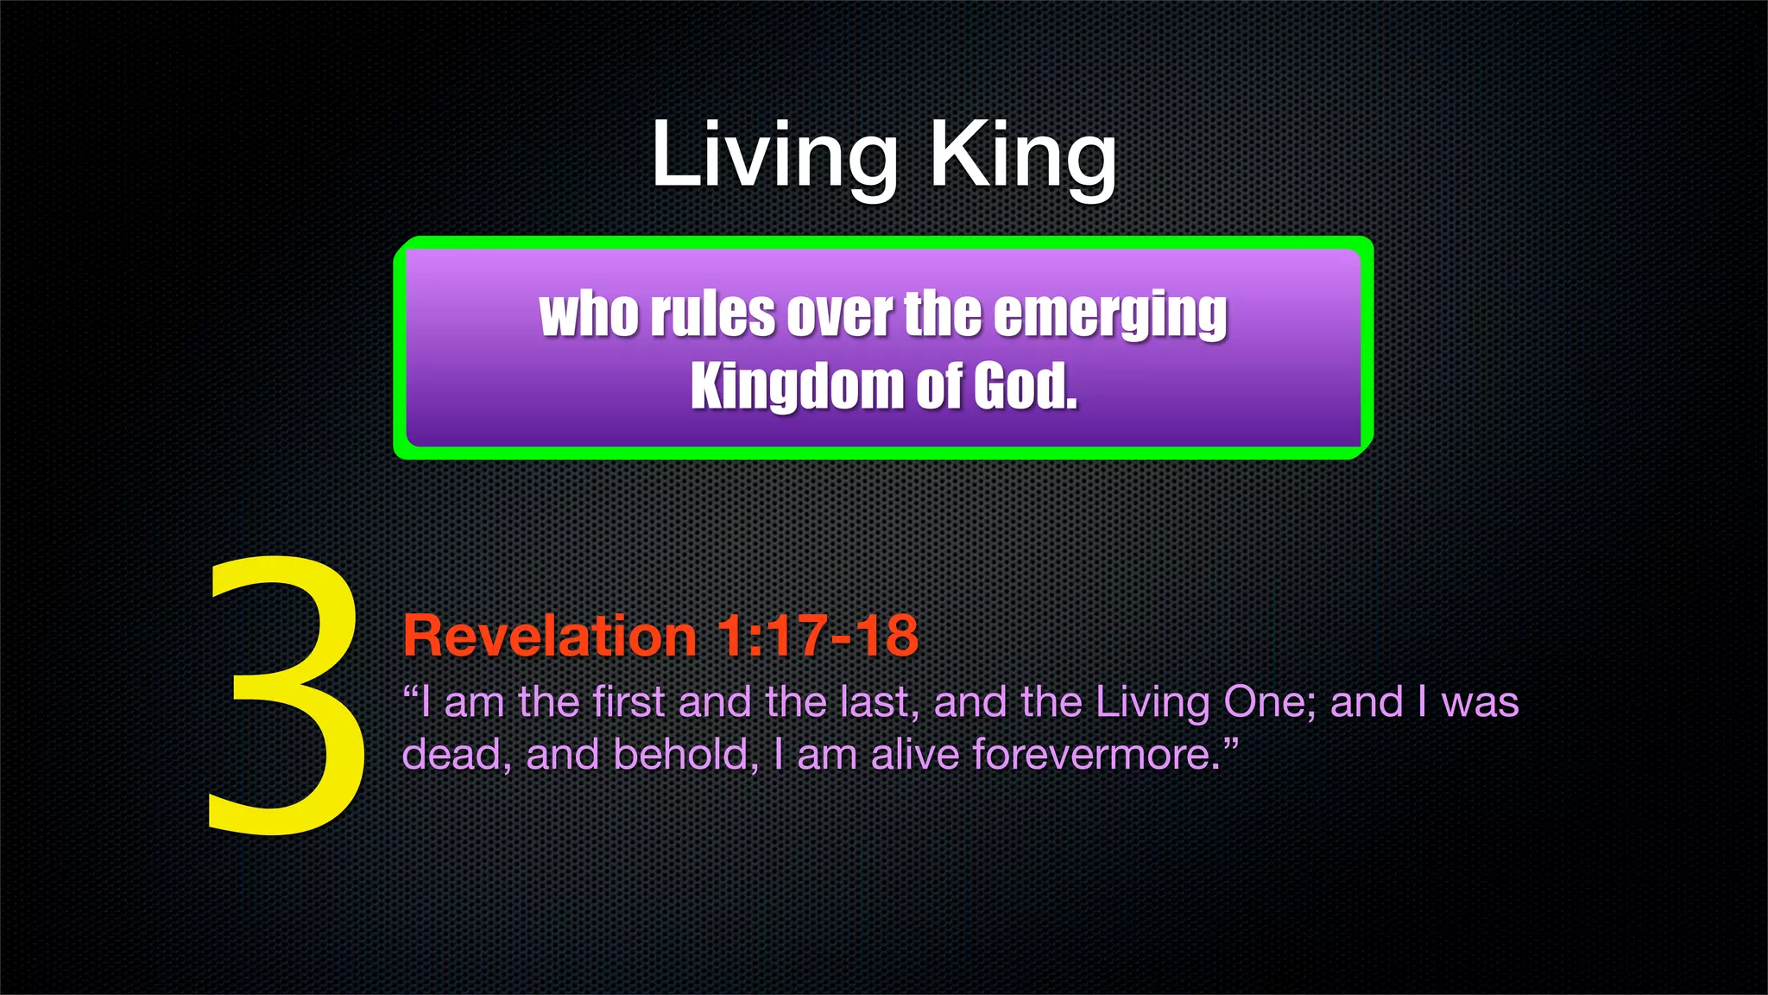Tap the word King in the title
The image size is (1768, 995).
tap(1022, 155)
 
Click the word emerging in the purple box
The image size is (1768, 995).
tap(1110, 314)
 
